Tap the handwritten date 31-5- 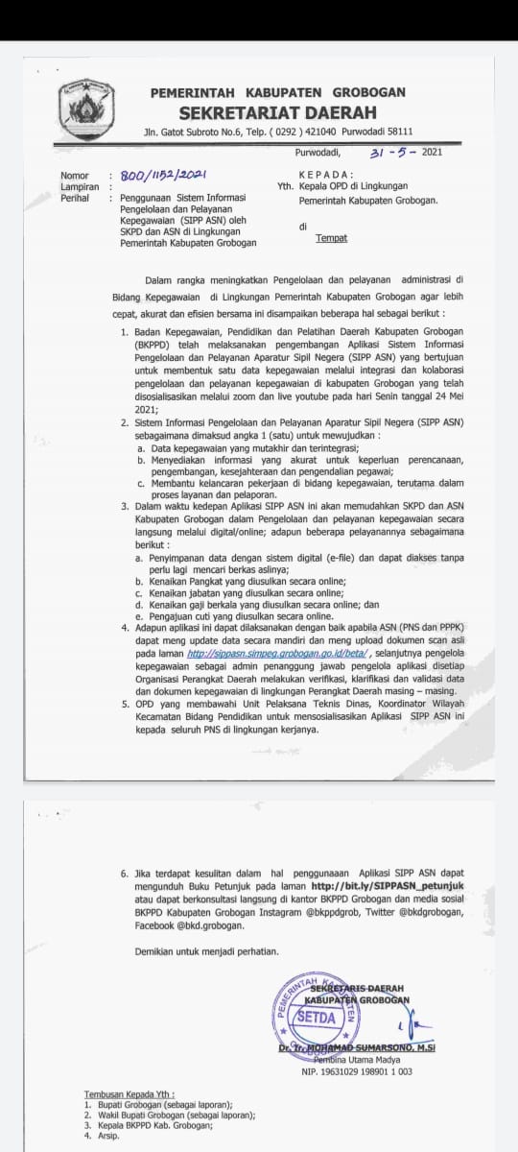pyautogui.click(x=393, y=152)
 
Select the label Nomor pyautogui.click(x=74, y=177)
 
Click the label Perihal pyautogui.click(x=75, y=197)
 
